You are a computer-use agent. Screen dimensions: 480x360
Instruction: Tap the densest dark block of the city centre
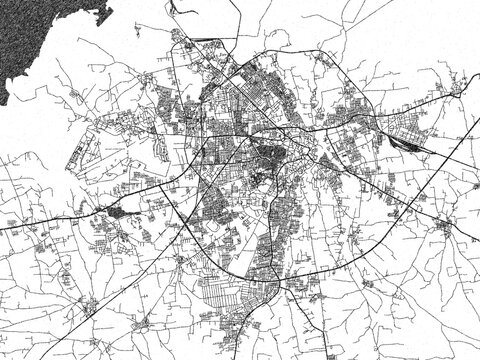(270, 157)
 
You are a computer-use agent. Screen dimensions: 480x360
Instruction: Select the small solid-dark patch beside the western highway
(117, 211)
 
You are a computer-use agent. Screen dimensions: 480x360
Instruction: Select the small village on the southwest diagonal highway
(140, 322)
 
